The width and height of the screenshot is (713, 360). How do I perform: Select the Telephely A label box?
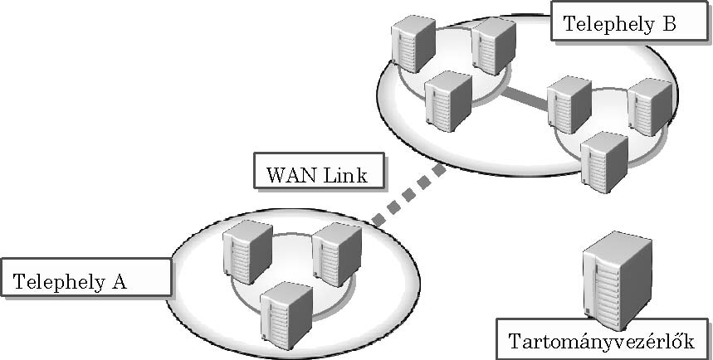click(86, 277)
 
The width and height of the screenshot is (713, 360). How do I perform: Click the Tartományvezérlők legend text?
click(602, 341)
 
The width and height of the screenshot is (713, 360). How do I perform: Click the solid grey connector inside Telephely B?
click(525, 98)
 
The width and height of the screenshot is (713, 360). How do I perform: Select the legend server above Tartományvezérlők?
click(617, 280)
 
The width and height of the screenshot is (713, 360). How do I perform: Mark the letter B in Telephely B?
click(668, 23)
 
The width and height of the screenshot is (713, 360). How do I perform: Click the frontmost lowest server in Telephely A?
click(286, 315)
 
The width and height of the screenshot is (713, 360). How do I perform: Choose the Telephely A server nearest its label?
click(247, 251)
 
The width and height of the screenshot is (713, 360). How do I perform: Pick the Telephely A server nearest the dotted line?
click(336, 254)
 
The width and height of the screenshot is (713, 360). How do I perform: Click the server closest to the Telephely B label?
click(494, 46)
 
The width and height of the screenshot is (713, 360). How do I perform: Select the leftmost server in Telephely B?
click(413, 44)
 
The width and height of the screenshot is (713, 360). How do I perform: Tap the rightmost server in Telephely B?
click(649, 107)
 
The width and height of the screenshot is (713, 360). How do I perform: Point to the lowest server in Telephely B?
click(604, 163)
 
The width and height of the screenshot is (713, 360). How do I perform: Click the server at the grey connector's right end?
click(569, 105)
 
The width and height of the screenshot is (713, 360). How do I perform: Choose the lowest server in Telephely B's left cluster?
click(448, 101)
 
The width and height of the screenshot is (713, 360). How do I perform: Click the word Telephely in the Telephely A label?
click(58, 282)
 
